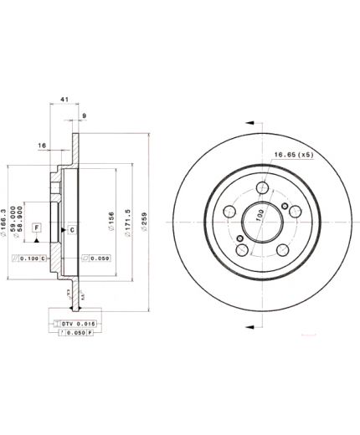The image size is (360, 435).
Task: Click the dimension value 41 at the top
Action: point(64,100)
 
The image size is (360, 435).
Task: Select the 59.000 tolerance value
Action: point(14,210)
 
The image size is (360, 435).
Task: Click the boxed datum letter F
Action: point(37,228)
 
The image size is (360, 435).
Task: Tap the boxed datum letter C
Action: point(72,230)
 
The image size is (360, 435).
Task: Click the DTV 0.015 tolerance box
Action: point(75,322)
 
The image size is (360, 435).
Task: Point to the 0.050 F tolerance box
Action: point(75,333)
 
